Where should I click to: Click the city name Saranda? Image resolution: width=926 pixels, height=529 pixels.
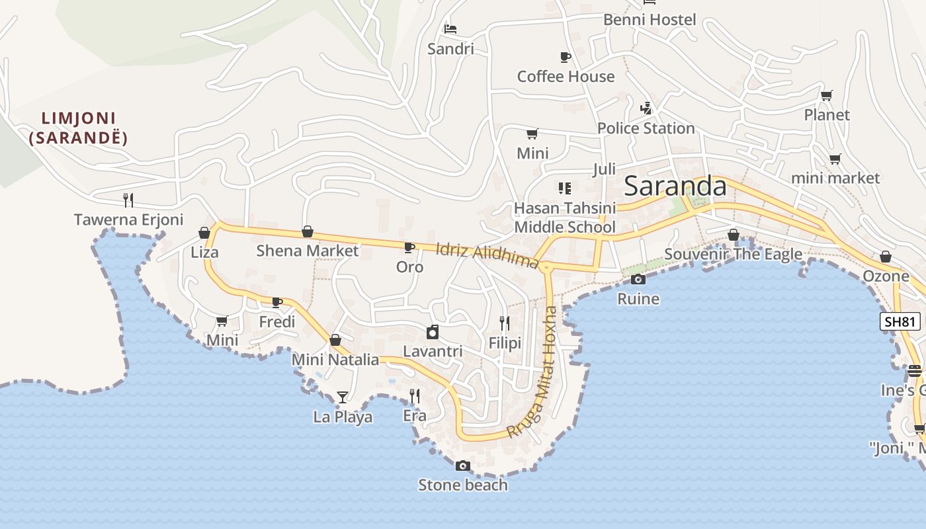tap(675, 186)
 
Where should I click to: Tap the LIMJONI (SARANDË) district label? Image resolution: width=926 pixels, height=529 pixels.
tap(79, 128)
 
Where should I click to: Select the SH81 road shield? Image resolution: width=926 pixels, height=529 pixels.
tap(900, 322)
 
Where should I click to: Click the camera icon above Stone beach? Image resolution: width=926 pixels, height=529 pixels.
tap(463, 466)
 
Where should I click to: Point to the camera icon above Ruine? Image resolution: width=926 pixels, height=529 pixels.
tap(638, 279)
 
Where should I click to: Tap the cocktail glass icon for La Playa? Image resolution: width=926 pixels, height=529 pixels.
tap(343, 397)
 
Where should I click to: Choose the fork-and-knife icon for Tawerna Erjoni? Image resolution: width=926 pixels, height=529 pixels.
tap(128, 200)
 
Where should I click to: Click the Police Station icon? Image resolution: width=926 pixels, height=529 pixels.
tap(646, 108)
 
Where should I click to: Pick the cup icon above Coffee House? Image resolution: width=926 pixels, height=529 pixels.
tap(566, 57)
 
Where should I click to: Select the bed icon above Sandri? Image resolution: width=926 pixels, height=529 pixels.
tap(450, 29)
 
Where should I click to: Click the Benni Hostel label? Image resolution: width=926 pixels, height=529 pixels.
tap(650, 20)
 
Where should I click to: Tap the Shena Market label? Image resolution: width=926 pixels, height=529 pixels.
tap(308, 251)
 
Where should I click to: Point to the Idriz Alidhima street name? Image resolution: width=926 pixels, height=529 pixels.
tap(487, 255)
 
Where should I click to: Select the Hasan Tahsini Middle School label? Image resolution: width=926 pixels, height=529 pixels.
tap(565, 218)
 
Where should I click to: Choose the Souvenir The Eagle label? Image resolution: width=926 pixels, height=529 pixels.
tap(733, 254)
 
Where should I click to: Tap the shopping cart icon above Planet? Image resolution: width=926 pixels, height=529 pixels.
tap(827, 95)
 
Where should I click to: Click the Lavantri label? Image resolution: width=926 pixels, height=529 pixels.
tap(433, 351)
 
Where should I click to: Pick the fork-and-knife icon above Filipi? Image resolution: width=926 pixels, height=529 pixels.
tap(505, 323)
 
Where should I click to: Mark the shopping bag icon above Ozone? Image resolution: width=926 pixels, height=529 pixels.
tap(886, 257)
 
